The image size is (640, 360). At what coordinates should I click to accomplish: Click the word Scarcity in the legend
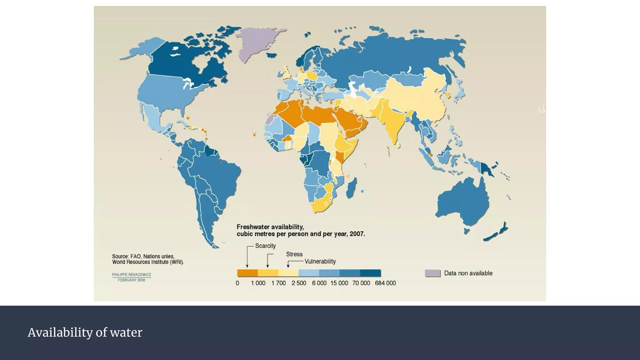click(x=265, y=246)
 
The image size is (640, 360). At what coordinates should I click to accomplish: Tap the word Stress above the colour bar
click(x=294, y=254)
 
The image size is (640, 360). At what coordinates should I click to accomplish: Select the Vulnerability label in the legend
click(x=320, y=262)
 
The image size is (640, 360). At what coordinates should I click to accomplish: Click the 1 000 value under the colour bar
click(x=258, y=283)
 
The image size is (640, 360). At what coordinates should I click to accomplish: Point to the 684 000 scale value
click(x=385, y=283)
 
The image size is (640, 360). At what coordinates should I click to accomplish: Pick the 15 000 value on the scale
click(x=339, y=283)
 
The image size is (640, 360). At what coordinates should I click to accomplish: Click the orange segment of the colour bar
click(x=247, y=273)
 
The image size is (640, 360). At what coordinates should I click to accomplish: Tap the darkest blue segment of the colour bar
click(x=370, y=273)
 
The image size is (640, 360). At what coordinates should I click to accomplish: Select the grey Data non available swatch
click(x=432, y=273)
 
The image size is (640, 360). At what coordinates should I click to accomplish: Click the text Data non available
click(x=468, y=273)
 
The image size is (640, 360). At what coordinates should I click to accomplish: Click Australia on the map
click(x=462, y=200)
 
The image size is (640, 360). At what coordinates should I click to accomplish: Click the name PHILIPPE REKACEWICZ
click(x=132, y=275)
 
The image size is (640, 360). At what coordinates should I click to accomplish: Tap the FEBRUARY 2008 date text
click(x=132, y=280)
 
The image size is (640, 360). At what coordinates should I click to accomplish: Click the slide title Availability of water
click(x=85, y=332)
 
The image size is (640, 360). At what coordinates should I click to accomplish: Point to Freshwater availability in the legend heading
click(x=270, y=227)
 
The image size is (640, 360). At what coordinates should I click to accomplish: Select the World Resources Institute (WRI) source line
click(x=148, y=262)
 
